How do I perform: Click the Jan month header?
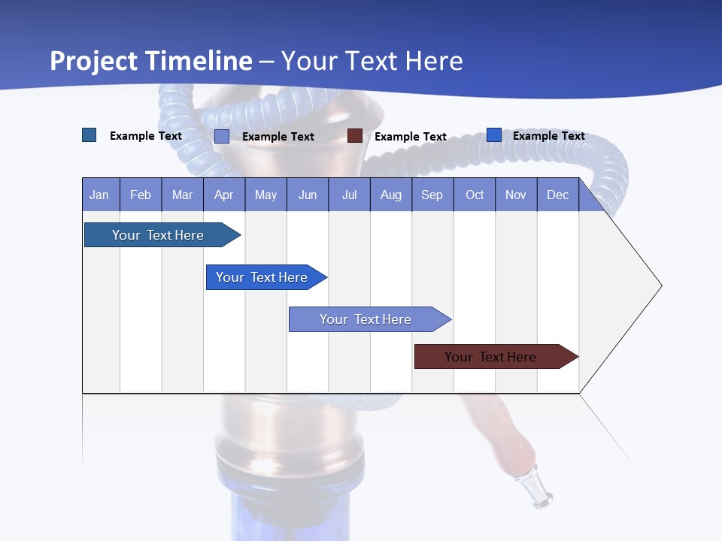100,195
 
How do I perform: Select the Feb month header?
141,195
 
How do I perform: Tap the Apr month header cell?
224,195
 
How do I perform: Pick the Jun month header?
308,195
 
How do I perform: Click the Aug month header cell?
391,195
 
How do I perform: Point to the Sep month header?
432,195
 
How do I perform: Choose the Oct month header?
475,195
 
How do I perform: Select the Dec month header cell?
558,195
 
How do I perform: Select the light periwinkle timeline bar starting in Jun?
366,319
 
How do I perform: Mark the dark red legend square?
355,136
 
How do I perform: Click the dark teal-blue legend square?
89,135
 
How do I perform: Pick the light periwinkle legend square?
222,136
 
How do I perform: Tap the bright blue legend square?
494,135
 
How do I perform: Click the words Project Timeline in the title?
151,61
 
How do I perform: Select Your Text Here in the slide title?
372,61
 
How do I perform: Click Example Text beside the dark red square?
411,137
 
